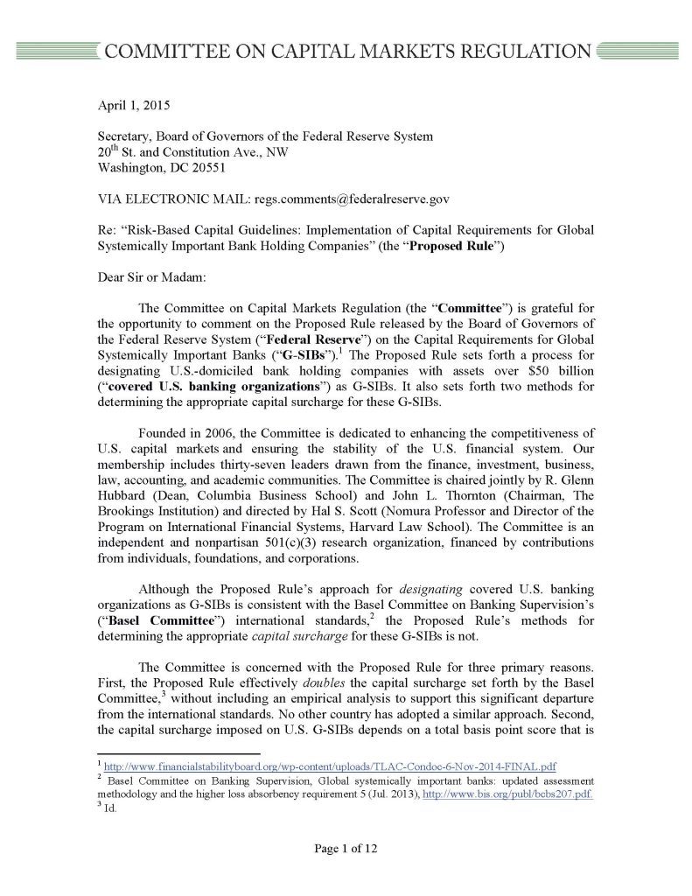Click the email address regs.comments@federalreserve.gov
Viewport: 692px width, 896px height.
tap(352, 199)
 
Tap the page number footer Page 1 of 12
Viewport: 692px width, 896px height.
tap(346, 847)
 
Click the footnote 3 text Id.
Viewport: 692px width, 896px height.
tap(110, 808)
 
